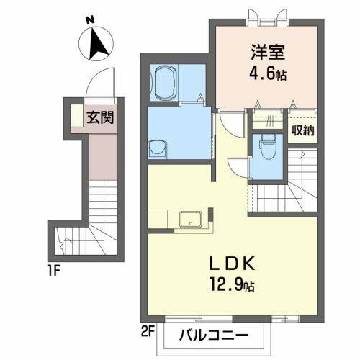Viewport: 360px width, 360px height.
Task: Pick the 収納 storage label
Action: (302, 130)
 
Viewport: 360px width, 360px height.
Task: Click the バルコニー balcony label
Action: (213, 336)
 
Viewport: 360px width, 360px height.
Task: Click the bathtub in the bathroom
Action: (166, 84)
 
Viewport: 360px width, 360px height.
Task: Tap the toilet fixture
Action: (267, 148)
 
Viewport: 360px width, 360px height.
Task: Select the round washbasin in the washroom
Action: (156, 148)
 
